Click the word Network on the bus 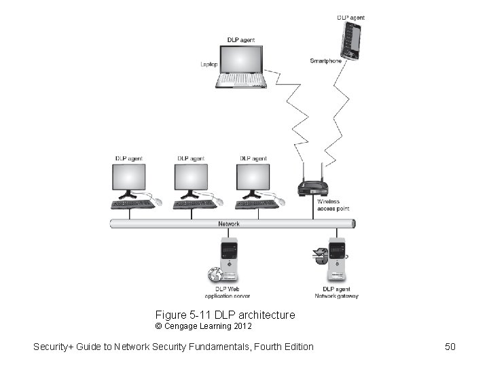(228, 224)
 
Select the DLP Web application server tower (230, 260)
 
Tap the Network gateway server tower (336, 260)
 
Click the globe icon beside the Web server (215, 275)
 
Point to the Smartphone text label (325, 61)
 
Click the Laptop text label (209, 65)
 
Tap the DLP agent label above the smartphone (350, 17)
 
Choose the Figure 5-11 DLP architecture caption (225, 315)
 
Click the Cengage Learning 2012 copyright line (204, 326)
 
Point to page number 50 (450, 347)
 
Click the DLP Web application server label (227, 292)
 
